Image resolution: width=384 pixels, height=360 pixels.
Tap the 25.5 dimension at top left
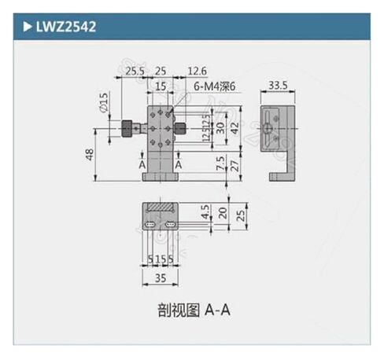coord(135,72)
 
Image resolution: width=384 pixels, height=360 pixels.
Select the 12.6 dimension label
coord(196,72)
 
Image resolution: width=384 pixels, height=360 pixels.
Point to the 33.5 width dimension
coord(277,85)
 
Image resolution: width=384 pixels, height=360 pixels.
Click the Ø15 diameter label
coord(103,102)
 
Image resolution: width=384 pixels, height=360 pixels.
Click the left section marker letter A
coord(142,166)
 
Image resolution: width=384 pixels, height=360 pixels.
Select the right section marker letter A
coord(179,166)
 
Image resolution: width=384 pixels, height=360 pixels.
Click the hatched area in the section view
coord(160,208)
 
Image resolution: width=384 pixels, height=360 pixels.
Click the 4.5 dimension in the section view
coord(204,212)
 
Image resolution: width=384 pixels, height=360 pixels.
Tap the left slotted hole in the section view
coord(150,226)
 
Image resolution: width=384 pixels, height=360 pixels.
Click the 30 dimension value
coord(220,127)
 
